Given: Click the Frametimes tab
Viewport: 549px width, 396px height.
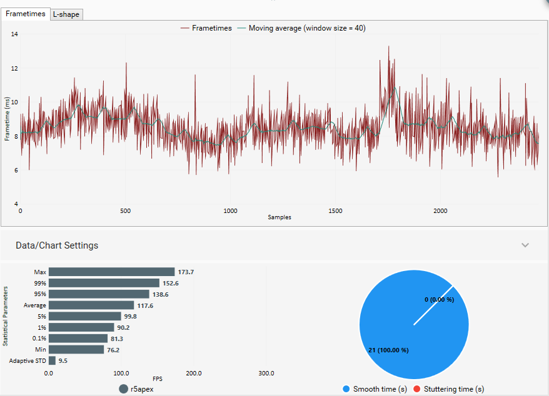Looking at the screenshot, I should click(24, 14).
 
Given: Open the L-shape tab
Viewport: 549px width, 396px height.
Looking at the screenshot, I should click(66, 14).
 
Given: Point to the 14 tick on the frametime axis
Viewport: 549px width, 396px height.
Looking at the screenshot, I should click(14, 34).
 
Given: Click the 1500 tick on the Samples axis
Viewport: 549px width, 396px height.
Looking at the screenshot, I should click(335, 211).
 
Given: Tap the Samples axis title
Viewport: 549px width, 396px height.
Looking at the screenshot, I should click(280, 217).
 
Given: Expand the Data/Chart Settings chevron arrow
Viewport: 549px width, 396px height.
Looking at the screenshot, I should click(525, 245).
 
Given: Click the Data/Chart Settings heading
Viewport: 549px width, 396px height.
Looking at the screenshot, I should click(57, 245).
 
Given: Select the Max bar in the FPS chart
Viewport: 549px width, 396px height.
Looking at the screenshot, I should click(111, 272).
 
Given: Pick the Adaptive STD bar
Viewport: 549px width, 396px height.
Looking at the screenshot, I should click(52, 360).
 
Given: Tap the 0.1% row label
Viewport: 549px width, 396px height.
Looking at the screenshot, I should click(38, 339).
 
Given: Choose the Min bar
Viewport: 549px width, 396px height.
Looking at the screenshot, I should click(76, 350).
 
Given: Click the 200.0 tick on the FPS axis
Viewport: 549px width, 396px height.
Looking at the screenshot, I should click(194, 373).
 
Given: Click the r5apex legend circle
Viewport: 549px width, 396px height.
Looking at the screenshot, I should click(124, 389).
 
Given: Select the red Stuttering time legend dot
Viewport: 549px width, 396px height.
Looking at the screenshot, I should click(418, 389).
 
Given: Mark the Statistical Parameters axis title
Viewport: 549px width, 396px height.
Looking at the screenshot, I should click(6, 316).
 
